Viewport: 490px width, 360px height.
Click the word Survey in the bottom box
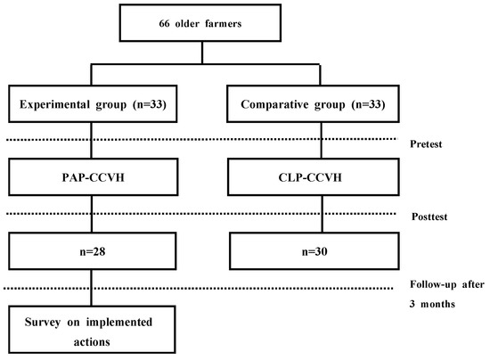click(35, 320)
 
